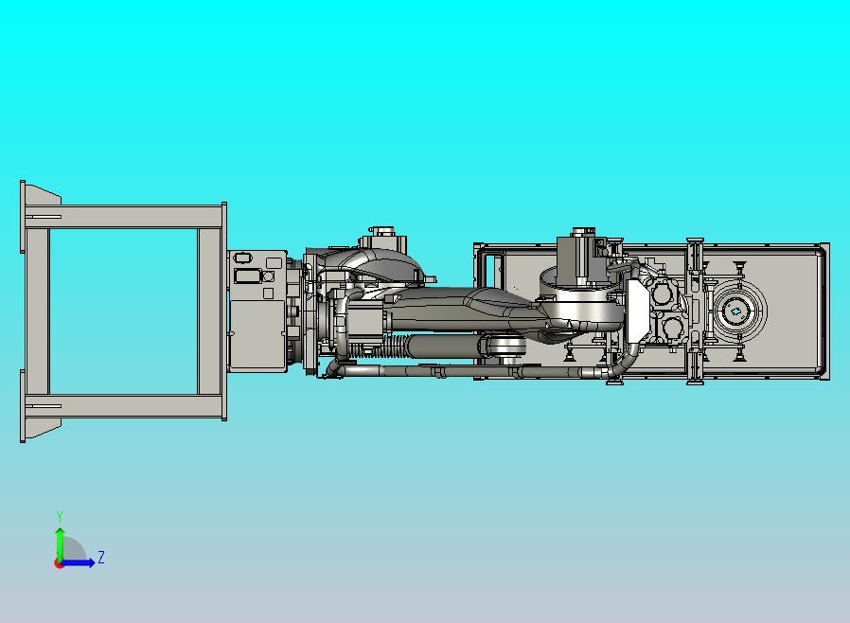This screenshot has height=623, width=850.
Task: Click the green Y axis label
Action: tap(60, 516)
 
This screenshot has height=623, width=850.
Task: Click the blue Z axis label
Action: tap(101, 557)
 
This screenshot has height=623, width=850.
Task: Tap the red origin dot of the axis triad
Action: tap(58, 564)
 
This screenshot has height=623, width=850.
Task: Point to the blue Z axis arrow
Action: tap(77, 562)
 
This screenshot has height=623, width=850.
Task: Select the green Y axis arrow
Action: tap(60, 545)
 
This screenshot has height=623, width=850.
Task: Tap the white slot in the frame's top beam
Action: tap(44, 217)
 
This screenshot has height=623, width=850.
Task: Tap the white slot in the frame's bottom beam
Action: tap(44, 405)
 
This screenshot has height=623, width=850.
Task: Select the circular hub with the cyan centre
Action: tap(736, 311)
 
